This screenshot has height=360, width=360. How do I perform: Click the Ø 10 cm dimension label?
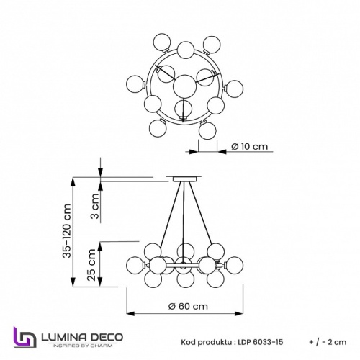pyautogui.click(x=249, y=146)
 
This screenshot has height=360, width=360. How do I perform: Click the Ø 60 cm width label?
pyautogui.click(x=188, y=306)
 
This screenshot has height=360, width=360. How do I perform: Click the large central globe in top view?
pyautogui.click(x=186, y=84)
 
